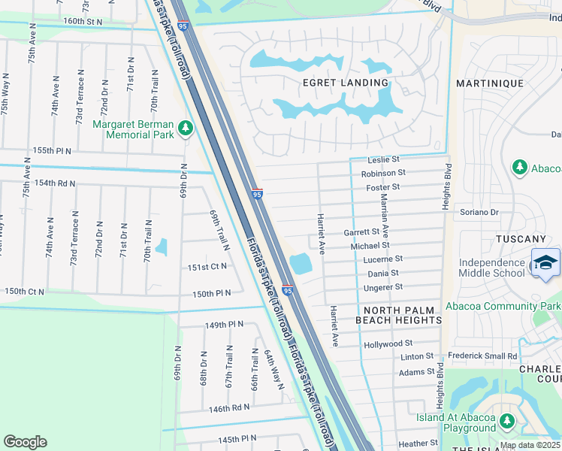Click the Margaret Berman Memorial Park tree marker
coord(186,129)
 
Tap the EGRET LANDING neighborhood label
coord(346,83)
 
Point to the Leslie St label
coord(383,160)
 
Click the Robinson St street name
coord(383,173)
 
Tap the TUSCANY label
coord(521,239)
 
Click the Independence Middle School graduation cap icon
coord(546,263)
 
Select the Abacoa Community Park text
coord(503,307)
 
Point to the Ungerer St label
coord(383,287)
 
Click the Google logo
coord(25,442)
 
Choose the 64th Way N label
coord(272,369)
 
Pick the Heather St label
coord(418,443)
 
